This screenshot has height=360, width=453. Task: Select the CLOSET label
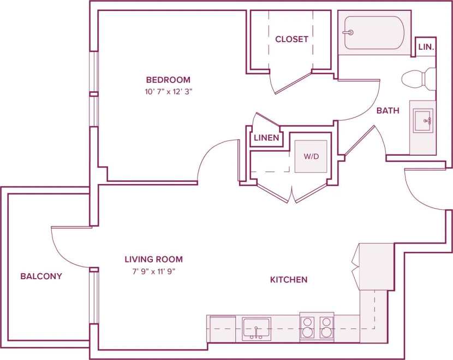291,39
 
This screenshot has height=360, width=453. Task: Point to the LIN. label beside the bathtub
426,48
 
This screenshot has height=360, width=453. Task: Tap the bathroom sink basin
422,121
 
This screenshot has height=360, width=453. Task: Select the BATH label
388,110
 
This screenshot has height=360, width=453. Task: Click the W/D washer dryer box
311,157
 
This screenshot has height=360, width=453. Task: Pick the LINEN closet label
266,138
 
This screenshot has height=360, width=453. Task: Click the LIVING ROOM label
153,259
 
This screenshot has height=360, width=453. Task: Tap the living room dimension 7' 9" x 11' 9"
153,270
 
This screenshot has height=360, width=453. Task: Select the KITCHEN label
289,280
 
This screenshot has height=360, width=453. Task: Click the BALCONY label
41,276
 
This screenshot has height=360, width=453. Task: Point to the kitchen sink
257,328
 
